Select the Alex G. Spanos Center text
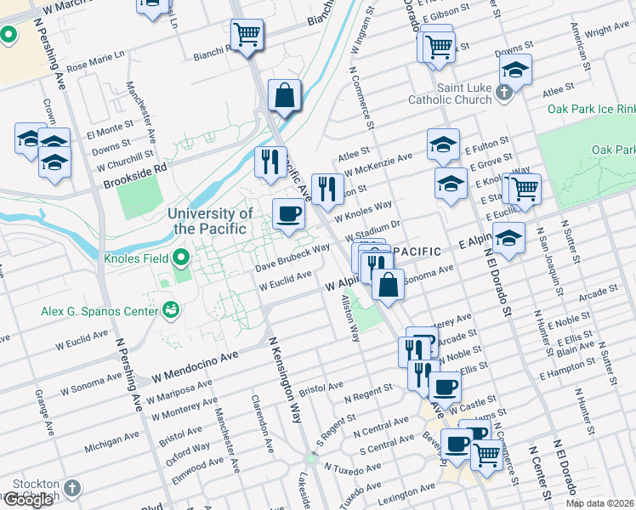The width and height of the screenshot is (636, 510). pyautogui.click(x=100, y=311)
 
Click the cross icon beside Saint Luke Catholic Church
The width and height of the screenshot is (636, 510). pyautogui.click(x=503, y=92)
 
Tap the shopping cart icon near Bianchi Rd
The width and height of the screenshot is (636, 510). pyautogui.click(x=247, y=35)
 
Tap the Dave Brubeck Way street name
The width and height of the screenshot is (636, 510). pyautogui.click(x=292, y=258)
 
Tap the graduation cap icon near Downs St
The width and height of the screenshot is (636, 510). pyautogui.click(x=514, y=70)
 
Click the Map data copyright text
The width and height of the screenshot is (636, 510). pyautogui.click(x=599, y=502)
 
